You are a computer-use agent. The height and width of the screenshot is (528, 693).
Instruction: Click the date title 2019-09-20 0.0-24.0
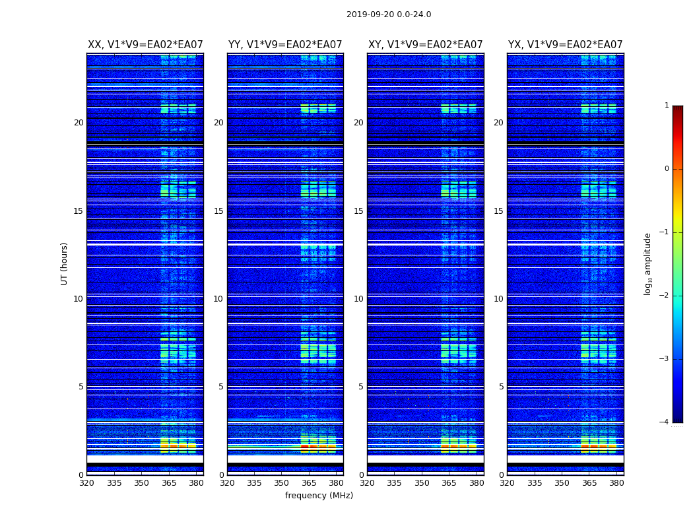[389, 15]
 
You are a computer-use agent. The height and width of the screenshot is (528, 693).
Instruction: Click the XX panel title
[145, 45]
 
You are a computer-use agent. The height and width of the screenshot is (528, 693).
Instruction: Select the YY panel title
[285, 45]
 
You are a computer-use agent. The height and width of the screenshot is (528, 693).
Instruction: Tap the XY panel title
[426, 45]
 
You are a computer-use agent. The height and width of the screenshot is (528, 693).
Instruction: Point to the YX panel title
[566, 45]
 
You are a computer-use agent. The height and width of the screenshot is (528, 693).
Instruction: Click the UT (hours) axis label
[65, 263]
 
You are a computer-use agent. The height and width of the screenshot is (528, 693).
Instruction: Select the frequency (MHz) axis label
[319, 496]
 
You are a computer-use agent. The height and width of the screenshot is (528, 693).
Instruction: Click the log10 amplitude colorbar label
[648, 263]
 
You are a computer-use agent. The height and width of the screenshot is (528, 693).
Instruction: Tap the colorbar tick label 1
[667, 106]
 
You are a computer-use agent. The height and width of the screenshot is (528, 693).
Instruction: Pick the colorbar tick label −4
[665, 422]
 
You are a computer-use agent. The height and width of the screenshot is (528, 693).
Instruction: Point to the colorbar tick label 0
[667, 169]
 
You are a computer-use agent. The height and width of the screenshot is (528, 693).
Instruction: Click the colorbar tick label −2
[665, 296]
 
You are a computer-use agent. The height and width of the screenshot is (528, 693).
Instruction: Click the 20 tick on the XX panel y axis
[79, 123]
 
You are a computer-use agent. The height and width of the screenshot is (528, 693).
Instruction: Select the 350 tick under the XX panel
[142, 483]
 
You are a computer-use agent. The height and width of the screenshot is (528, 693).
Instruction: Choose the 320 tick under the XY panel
[368, 483]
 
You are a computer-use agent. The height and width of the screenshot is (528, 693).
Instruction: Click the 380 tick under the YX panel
[616, 483]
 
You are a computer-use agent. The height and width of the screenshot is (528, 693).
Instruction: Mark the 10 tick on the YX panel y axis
[499, 299]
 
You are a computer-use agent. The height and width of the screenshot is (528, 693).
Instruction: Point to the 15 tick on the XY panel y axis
[359, 211]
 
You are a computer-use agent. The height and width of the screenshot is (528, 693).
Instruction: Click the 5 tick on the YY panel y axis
[221, 387]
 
